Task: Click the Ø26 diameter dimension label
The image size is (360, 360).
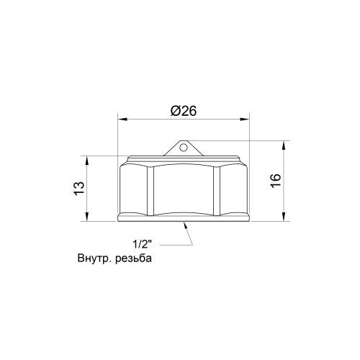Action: coord(184,111)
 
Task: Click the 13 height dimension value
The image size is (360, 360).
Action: coord(80,189)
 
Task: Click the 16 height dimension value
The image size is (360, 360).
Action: coord(276,181)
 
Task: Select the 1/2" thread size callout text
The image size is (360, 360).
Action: coord(143,245)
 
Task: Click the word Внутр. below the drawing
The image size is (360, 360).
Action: coord(94,258)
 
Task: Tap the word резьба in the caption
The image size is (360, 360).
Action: coord(133,258)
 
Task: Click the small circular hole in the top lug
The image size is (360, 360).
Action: coord(183,148)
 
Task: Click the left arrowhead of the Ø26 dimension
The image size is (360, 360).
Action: coord(122,120)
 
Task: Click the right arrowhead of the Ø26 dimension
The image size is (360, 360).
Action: coord(245,120)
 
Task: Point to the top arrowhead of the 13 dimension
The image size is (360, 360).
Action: coord(87,161)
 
